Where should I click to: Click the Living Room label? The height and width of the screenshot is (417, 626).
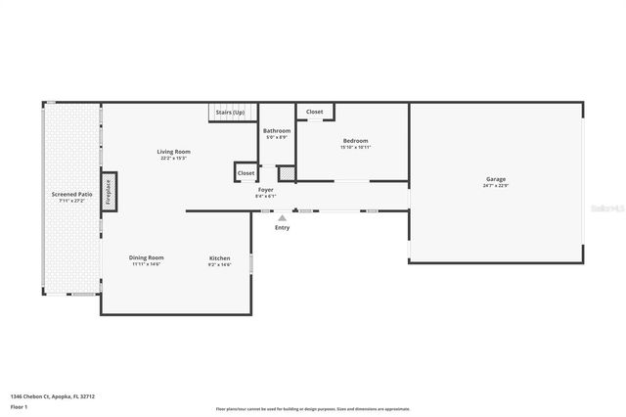(174, 152)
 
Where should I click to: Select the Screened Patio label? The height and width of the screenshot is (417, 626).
(72, 195)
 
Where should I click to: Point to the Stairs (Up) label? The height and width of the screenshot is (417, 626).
(230, 113)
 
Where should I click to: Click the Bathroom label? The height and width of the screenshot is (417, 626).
(277, 130)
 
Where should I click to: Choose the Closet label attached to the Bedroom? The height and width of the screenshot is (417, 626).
(314, 112)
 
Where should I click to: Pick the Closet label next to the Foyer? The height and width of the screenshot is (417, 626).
(246, 172)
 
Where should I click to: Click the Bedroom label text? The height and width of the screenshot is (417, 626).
(355, 140)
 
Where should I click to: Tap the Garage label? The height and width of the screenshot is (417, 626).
(496, 179)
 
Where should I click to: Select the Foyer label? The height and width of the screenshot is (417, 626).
(265, 189)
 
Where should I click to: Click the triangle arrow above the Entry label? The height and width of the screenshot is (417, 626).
(282, 217)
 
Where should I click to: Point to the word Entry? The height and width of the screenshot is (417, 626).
(282, 227)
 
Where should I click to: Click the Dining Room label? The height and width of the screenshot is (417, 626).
(146, 257)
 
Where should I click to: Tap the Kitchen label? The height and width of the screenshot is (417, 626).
(219, 257)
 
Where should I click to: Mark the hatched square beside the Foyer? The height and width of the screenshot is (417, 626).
(287, 173)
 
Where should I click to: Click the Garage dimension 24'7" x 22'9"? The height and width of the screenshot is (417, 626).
(496, 186)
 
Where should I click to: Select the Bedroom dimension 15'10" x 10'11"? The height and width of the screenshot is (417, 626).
(355, 147)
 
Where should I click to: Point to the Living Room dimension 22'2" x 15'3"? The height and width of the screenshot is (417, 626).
(174, 159)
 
